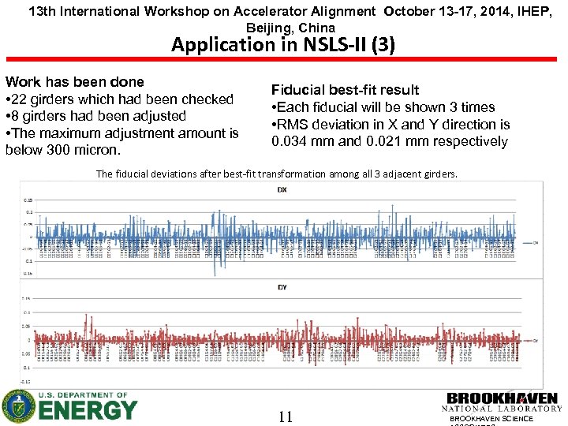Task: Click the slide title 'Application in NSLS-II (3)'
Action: pyautogui.click(x=283, y=44)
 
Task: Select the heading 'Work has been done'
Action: pyautogui.click(x=75, y=82)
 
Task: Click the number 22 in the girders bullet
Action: pyautogui.click(x=24, y=99)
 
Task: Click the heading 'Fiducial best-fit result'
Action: pyautogui.click(x=345, y=90)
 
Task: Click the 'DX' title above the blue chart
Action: pyautogui.click(x=282, y=190)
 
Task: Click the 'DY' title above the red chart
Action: pyautogui.click(x=282, y=287)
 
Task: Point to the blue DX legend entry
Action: pyautogui.click(x=532, y=243)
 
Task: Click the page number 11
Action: pyautogui.click(x=286, y=417)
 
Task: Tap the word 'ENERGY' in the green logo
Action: pyautogui.click(x=88, y=410)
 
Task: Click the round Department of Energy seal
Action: pyautogui.click(x=19, y=406)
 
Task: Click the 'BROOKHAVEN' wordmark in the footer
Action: pyautogui.click(x=503, y=398)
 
